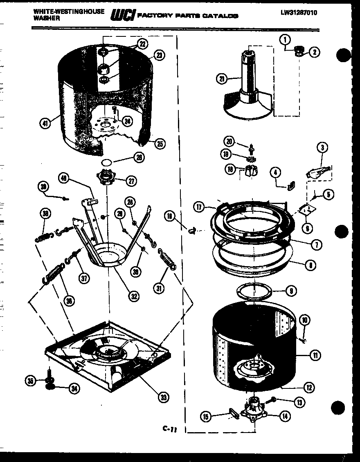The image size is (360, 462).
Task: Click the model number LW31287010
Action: coord(299,13)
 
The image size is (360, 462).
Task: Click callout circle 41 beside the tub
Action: coord(46,122)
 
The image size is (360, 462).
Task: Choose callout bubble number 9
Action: coord(290,292)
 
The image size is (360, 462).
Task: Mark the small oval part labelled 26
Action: coord(106,162)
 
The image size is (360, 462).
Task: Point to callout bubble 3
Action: coord(322,148)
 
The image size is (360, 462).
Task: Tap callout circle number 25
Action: coord(160,144)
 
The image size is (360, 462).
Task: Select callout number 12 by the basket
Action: coord(309,387)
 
